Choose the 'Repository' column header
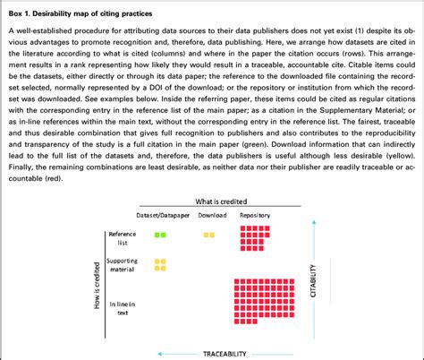click(x=255, y=216)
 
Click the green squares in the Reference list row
click(x=160, y=235)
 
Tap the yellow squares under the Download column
click(x=208, y=235)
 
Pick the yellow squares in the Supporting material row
click(x=160, y=263)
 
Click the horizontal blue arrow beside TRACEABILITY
click(x=170, y=351)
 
